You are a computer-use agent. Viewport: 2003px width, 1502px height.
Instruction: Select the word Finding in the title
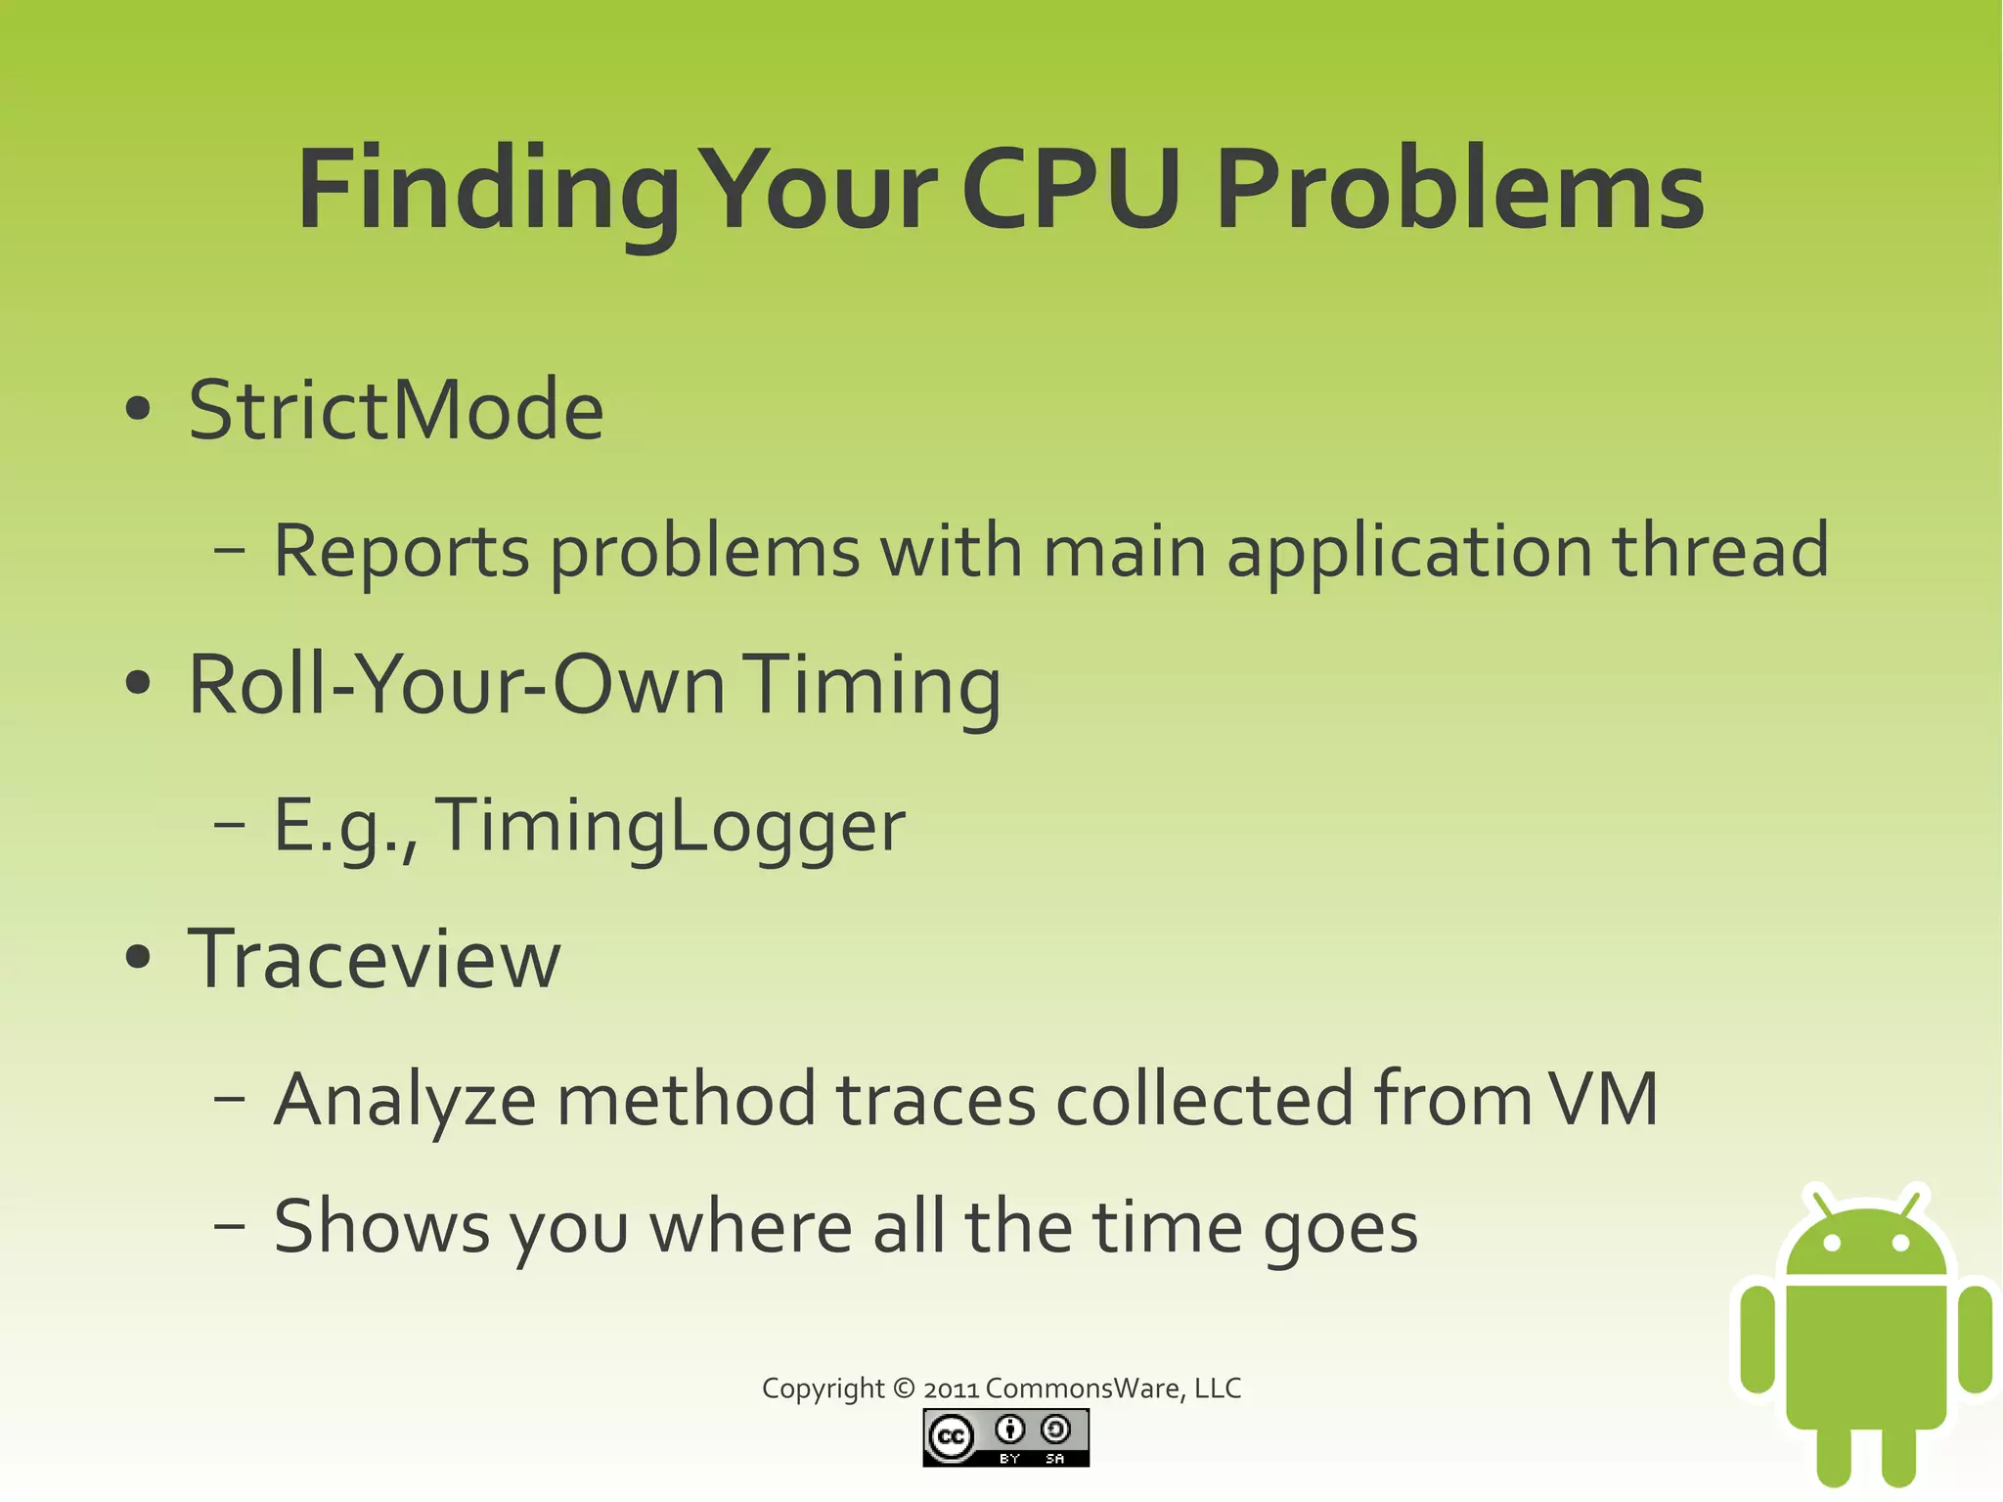(487, 191)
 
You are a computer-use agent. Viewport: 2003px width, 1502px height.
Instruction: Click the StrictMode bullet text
(396, 410)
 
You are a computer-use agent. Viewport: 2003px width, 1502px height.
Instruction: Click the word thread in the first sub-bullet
(1720, 550)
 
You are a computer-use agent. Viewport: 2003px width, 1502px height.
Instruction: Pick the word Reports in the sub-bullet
(401, 552)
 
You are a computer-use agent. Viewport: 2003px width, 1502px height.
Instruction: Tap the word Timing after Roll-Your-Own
(876, 687)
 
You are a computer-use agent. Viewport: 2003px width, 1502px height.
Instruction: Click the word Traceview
(375, 959)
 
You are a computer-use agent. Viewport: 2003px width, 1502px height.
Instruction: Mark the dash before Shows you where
(229, 1225)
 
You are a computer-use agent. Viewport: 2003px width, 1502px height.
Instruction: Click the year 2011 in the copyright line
(951, 1388)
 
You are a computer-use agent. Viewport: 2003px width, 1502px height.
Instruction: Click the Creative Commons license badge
(1005, 1437)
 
